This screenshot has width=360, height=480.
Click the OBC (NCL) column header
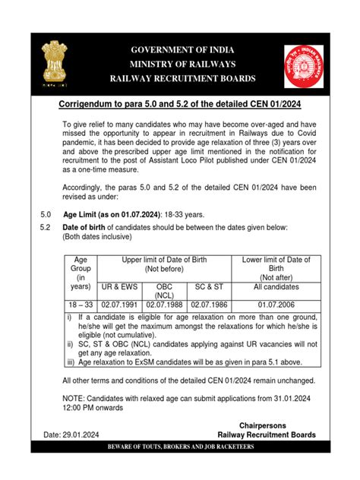click(166, 291)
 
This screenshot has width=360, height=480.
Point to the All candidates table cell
click(276, 287)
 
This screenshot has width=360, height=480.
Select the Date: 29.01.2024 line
click(72, 435)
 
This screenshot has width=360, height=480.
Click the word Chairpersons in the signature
click(266, 425)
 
